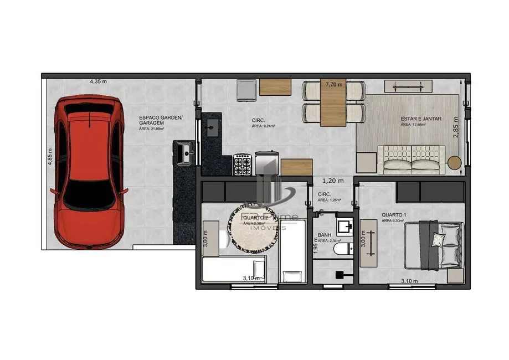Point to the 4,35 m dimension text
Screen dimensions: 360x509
point(98,81)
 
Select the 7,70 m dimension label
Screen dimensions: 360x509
point(334,85)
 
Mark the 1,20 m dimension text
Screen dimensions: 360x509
point(333,181)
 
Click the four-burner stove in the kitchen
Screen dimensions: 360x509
point(243,164)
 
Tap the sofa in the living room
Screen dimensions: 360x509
point(412,158)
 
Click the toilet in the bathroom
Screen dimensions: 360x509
point(343,249)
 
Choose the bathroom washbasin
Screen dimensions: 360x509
point(345,227)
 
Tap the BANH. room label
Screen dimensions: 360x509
point(325,234)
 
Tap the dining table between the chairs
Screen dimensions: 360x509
point(333,104)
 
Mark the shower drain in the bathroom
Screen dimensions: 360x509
point(340,273)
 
